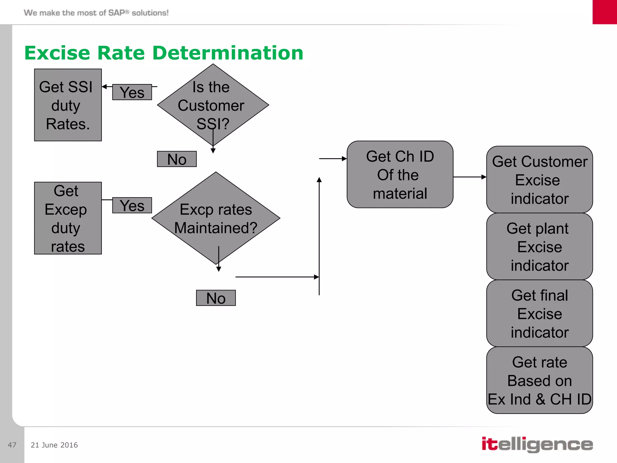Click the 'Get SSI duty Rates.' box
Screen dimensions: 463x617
(68, 105)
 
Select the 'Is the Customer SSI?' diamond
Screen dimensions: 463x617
(213, 105)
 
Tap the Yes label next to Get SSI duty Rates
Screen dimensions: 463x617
(132, 92)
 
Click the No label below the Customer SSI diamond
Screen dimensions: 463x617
(177, 159)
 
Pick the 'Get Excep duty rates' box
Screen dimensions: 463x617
(68, 218)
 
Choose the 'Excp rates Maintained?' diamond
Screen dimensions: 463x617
(216, 218)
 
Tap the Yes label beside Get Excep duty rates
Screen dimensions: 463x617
(132, 206)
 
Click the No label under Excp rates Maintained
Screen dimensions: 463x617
(216, 298)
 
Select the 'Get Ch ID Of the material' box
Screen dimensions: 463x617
(400, 175)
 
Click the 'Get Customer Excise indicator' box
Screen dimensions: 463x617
(539, 180)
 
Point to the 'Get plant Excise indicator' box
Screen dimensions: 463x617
(539, 247)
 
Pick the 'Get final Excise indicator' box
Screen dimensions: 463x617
(539, 313)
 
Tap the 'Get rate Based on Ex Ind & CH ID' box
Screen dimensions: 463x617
(539, 380)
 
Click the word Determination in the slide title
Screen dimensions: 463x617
(228, 53)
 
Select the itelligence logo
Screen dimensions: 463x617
(537, 444)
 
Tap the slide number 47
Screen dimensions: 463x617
(12, 445)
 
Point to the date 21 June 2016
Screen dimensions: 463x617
(54, 445)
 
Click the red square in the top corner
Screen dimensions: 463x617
(605, 12)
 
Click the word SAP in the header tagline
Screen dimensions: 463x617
(117, 13)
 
